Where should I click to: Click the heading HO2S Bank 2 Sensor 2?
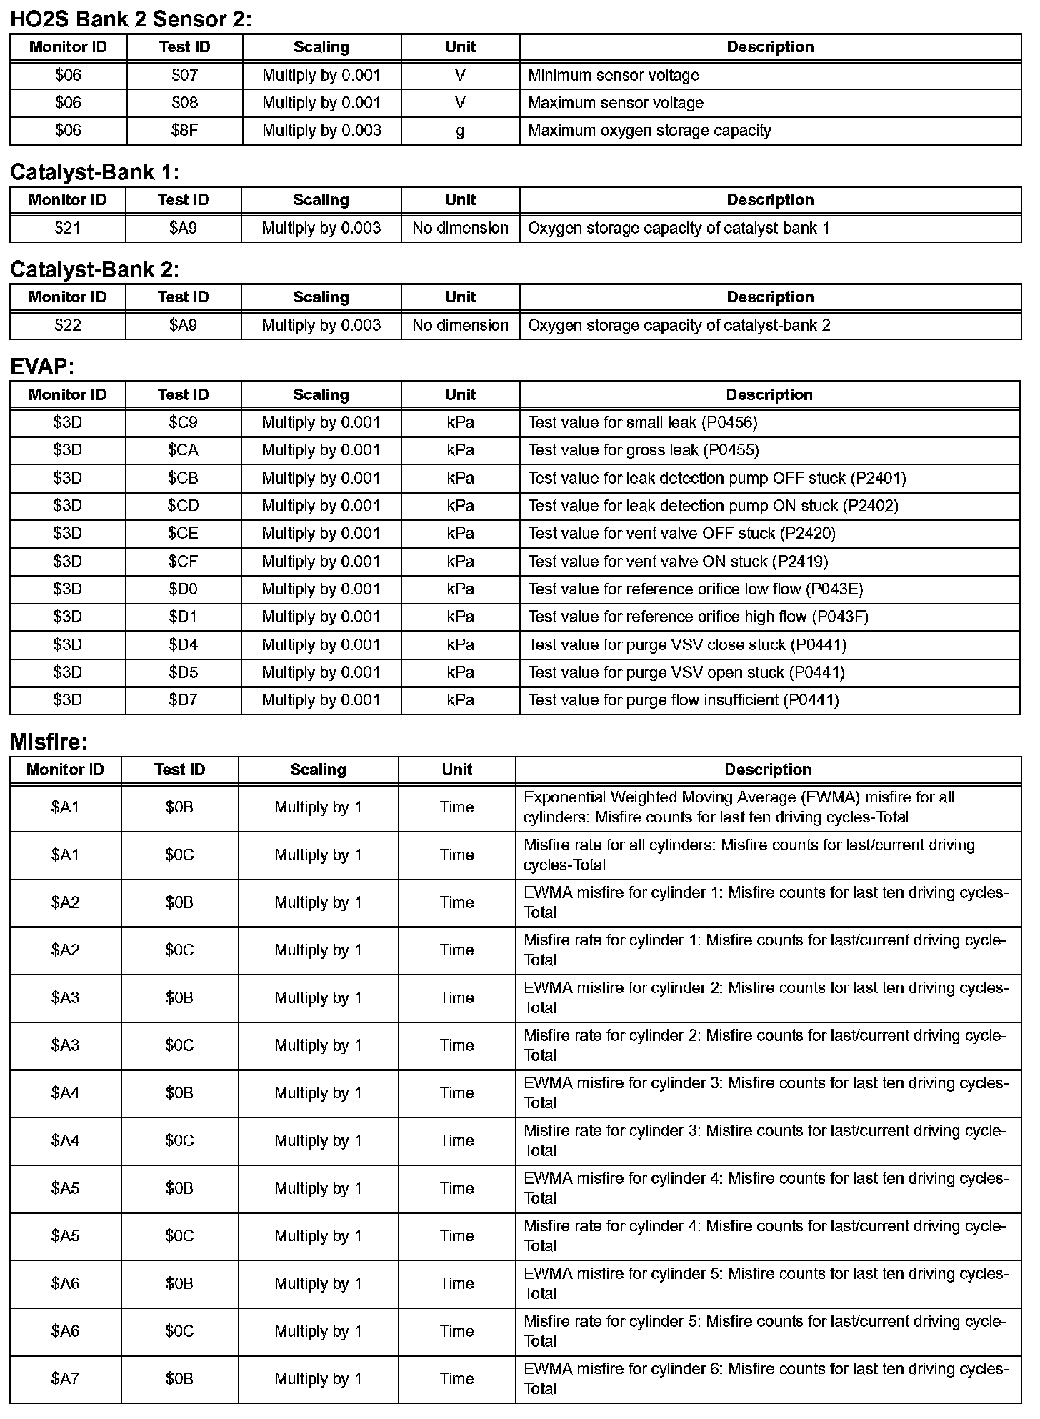coord(131,19)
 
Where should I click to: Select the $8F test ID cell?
coord(184,131)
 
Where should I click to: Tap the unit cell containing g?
coord(460,131)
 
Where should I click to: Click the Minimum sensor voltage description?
coord(613,75)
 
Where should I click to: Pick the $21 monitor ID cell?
coord(68,228)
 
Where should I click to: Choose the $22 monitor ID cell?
coord(68,325)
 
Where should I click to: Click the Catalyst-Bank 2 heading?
coord(95,269)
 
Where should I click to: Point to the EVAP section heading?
coord(42,367)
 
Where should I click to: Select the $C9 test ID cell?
coord(183,422)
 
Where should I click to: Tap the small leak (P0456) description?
coord(642,422)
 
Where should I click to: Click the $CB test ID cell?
coord(183,478)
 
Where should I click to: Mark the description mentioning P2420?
coord(681,534)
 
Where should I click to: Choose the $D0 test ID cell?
coord(183,589)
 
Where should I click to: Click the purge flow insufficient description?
coord(683,700)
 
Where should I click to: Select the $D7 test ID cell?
coord(183,700)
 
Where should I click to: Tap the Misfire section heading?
coord(49,742)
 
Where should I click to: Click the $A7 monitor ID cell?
coord(65,1379)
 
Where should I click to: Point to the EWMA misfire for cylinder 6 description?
coord(766,1379)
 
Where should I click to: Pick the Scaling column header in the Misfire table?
coord(318,770)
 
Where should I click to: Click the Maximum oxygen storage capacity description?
coord(649,131)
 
